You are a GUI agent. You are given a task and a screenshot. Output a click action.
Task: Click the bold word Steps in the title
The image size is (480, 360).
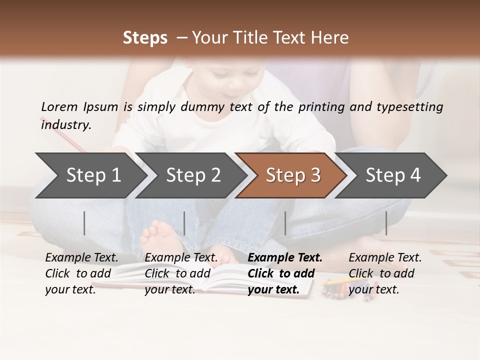(145, 38)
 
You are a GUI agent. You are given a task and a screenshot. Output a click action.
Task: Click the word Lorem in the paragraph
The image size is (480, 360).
(59, 106)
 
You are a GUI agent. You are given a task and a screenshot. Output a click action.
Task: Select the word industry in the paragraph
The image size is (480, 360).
(65, 125)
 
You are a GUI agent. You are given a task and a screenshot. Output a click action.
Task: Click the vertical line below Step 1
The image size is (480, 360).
(84, 223)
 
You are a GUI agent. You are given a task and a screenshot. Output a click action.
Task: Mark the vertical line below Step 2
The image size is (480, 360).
(184, 223)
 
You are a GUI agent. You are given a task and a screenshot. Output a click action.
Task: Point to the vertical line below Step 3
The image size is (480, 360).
(285, 223)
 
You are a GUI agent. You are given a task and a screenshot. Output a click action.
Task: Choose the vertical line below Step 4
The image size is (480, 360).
(386, 223)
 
